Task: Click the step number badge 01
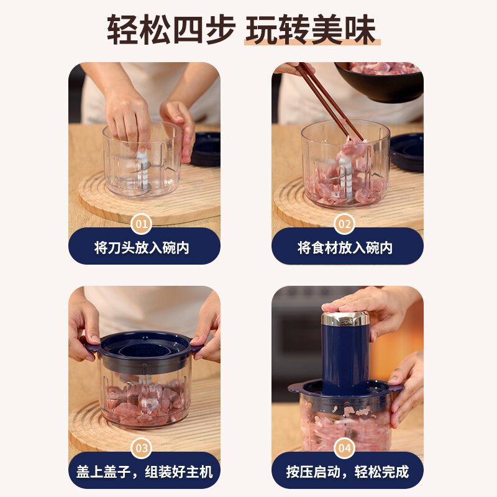[x=142, y=224]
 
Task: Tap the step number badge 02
[x=345, y=224]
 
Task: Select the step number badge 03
[x=142, y=448]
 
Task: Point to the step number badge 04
[x=345, y=448]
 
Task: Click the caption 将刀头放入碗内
[x=142, y=247]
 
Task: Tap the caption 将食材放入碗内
[x=345, y=247]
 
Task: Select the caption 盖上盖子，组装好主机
[x=145, y=472]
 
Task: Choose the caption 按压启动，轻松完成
[x=347, y=472]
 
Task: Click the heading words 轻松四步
[x=171, y=30]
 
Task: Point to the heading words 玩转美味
[x=311, y=30]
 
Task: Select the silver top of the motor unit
[x=345, y=319]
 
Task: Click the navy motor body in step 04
[x=345, y=358]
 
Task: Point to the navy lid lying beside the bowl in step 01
[x=206, y=149]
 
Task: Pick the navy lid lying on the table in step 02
[x=407, y=152]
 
